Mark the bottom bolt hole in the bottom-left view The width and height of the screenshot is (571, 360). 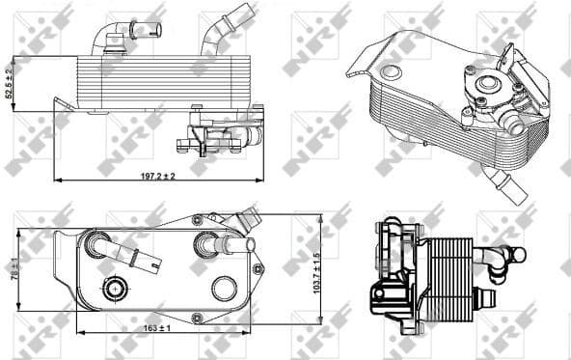coord(197,318)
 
